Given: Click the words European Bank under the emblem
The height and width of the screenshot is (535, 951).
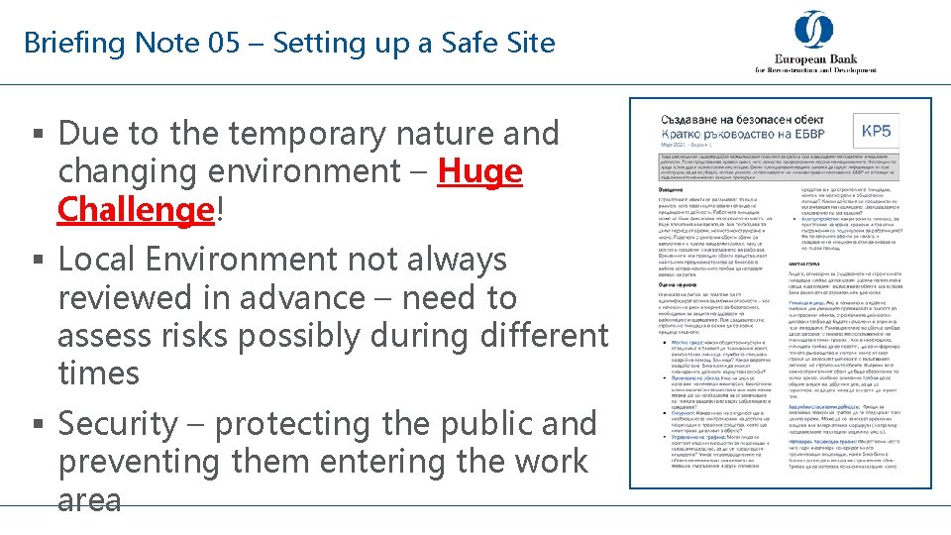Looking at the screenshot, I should tap(815, 58).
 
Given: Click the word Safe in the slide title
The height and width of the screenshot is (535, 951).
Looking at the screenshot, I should tap(442, 44).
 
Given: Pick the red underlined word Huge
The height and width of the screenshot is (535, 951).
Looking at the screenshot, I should tap(479, 171).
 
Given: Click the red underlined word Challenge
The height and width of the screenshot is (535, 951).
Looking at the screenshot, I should tap(135, 210).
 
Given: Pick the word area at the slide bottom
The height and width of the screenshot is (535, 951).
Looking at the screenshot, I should tap(89, 499).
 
